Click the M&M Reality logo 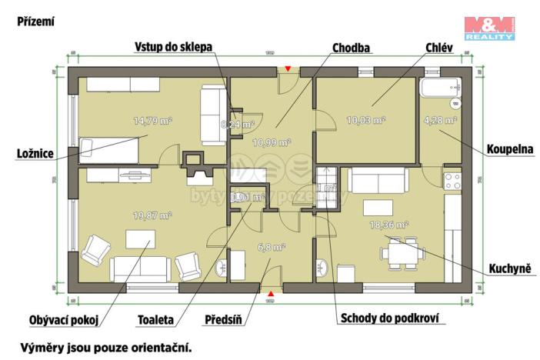[x=489, y=28]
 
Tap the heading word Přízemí [x=35, y=22]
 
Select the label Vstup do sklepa [x=169, y=47]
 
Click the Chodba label [x=351, y=48]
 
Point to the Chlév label [x=438, y=48]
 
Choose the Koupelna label [x=510, y=149]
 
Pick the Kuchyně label [x=512, y=268]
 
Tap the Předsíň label [x=224, y=318]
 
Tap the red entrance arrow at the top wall [x=288, y=69]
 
